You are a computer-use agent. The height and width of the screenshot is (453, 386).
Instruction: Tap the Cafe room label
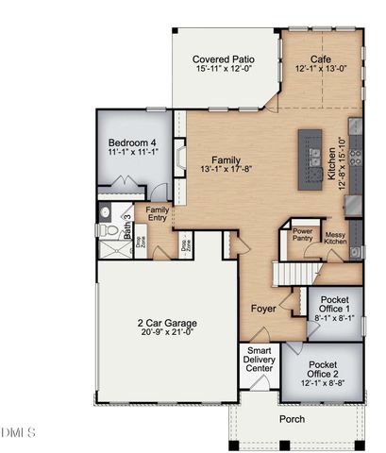point(322,58)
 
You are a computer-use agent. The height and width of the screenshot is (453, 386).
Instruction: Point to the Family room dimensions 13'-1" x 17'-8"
point(224,170)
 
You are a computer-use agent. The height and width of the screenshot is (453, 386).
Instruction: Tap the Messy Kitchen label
point(336,239)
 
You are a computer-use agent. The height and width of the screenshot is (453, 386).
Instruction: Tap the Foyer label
point(263,309)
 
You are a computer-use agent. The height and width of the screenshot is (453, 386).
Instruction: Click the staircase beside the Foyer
point(290,273)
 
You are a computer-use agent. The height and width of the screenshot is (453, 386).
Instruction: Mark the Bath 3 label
point(126,224)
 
